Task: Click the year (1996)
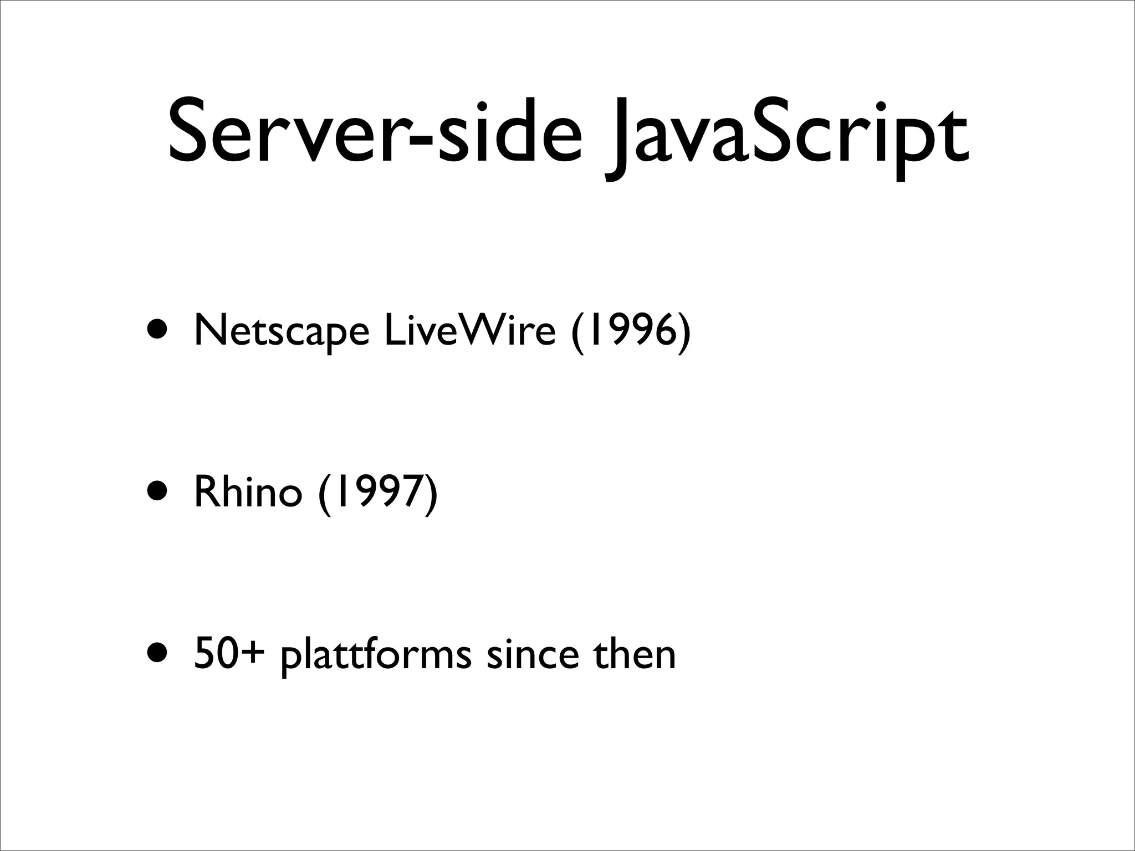[x=631, y=332]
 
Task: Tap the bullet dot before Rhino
[x=159, y=491]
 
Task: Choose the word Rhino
[x=248, y=492]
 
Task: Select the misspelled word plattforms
[x=376, y=656]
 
